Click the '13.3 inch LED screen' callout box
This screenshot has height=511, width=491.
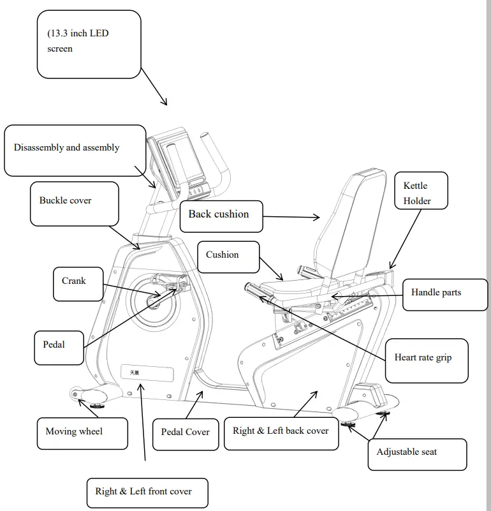(89, 44)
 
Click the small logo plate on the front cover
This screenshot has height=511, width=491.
(147, 373)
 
